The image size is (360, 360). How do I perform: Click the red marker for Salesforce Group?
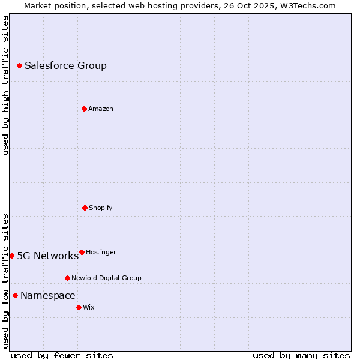pyautogui.click(x=19, y=65)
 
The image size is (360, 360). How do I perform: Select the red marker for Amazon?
pyautogui.click(x=84, y=109)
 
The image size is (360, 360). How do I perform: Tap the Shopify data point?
pyautogui.click(x=85, y=208)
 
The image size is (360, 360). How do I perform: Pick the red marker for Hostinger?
pyautogui.click(x=82, y=252)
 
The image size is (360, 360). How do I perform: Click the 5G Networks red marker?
pyautogui.click(x=11, y=256)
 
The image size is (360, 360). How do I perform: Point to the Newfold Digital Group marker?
pyautogui.click(x=67, y=278)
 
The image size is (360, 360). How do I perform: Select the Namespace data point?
pyautogui.click(x=15, y=295)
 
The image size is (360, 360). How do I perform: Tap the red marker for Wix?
pyautogui.click(x=79, y=307)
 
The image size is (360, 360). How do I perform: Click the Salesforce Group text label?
pyautogui.click(x=65, y=66)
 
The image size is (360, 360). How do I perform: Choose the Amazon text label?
pyautogui.click(x=100, y=109)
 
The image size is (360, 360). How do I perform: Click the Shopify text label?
pyautogui.click(x=100, y=208)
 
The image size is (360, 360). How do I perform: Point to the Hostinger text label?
pyautogui.click(x=101, y=253)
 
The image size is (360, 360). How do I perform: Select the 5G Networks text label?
pyautogui.click(x=47, y=256)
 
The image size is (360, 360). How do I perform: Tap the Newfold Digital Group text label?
pyautogui.click(x=106, y=278)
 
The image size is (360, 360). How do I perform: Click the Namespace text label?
pyautogui.click(x=47, y=296)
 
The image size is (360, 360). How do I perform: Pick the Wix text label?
pyautogui.click(x=88, y=308)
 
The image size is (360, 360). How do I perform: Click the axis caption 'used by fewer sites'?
pyautogui.click(x=62, y=355)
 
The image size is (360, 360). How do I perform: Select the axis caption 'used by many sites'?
pyautogui.click(x=301, y=355)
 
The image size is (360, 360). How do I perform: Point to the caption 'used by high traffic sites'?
pyautogui.click(x=5, y=85)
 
